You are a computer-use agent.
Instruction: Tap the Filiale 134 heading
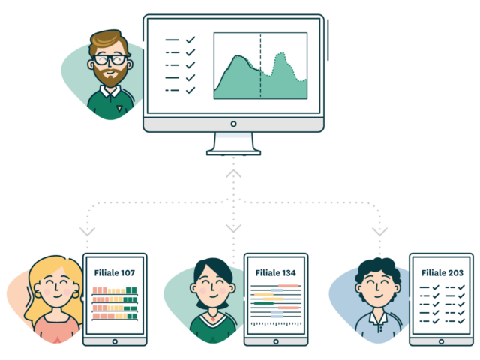click(x=275, y=272)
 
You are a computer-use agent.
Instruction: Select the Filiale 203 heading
click(x=442, y=272)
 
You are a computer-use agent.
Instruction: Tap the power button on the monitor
click(x=233, y=124)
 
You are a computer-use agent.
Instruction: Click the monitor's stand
click(x=233, y=142)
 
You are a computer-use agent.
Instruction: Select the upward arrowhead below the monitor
click(x=233, y=173)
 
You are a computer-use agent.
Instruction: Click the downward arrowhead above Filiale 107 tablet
click(x=88, y=231)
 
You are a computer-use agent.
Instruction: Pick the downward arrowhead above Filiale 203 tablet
click(x=379, y=231)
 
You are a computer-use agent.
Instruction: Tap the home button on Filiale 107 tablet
click(x=114, y=340)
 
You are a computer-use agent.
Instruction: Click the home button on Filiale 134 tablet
click(x=275, y=340)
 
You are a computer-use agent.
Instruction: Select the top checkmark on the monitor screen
click(x=190, y=39)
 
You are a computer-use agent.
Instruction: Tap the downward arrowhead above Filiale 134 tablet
click(x=233, y=227)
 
